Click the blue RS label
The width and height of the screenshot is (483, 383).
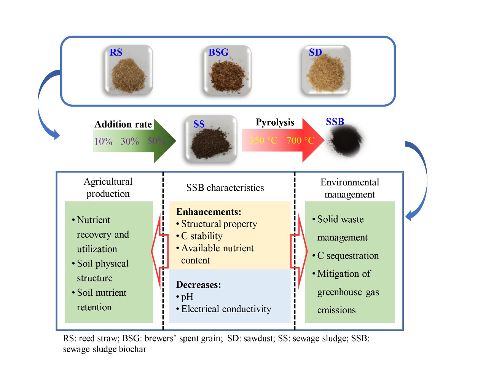tap(116, 52)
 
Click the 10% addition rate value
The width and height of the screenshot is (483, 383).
tap(103, 142)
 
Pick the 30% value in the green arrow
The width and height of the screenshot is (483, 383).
tap(130, 141)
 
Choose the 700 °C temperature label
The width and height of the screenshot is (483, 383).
tap(301, 140)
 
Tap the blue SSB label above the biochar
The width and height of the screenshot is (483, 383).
tap(335, 122)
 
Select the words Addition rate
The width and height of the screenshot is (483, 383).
tap(123, 124)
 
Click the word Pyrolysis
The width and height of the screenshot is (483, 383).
tap(275, 122)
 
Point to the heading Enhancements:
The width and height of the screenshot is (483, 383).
tap(209, 212)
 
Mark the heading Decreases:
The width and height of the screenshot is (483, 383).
tap(198, 285)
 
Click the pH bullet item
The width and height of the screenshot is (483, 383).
tap(187, 297)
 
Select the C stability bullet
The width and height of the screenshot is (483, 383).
tap(202, 236)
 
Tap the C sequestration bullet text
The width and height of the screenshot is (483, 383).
tap(348, 255)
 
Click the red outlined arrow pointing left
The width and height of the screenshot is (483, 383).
tap(159, 251)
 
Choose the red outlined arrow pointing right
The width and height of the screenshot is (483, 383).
tap(300, 251)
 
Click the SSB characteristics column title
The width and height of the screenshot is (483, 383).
tap(225, 188)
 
